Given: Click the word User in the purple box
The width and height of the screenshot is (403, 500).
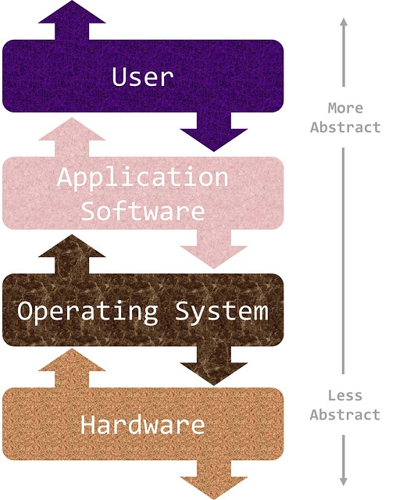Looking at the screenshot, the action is coord(142,77).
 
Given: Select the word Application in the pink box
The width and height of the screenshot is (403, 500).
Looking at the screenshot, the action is coord(142,177).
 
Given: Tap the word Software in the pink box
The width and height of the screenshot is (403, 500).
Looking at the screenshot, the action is coord(142,210).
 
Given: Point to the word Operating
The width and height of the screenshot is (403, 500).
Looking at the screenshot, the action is coord(87,312).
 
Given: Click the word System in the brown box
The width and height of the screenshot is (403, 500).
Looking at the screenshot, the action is coord(222,312).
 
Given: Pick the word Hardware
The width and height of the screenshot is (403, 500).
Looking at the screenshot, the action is coord(142,424).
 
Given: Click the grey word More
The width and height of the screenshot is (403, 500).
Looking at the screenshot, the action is coord(346,108).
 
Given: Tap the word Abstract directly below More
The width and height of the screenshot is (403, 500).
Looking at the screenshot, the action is coord(346,127).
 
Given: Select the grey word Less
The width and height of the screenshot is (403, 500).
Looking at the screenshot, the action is coord(345,396).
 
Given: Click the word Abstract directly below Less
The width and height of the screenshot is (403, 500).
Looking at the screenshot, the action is coord(345,415).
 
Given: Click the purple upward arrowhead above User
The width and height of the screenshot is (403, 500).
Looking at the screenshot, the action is coord(72,12).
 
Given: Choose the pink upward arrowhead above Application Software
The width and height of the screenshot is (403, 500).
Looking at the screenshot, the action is coord(72,129).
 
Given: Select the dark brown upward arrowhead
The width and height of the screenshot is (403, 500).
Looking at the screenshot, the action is coord(72,246).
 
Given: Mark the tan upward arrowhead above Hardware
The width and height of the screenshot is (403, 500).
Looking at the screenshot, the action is coord(72,359).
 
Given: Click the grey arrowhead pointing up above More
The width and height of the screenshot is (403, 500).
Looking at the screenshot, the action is coord(344,23).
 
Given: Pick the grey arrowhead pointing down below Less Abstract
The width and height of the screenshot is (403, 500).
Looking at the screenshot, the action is coord(344,481).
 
